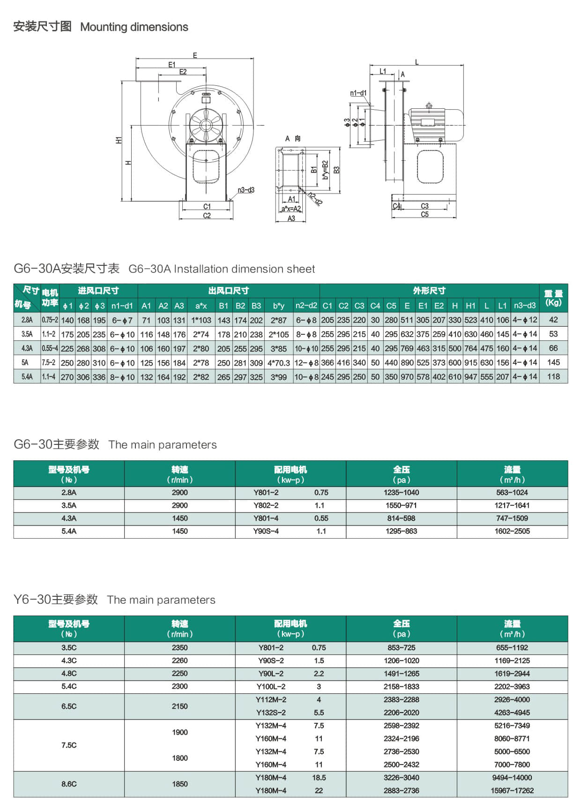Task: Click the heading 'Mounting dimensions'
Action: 134,27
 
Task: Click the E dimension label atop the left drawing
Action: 195,55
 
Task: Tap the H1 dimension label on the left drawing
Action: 119,140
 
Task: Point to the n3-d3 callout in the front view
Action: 246,190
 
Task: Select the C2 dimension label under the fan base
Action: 207,216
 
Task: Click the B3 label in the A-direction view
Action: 336,170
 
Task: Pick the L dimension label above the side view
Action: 417,62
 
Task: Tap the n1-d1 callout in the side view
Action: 358,93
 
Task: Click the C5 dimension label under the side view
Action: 425,214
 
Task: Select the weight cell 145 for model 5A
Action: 553,362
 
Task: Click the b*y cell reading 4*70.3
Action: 279,362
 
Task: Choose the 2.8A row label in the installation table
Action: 27,320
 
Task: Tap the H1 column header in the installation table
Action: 470,306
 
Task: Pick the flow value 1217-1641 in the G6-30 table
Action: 512,505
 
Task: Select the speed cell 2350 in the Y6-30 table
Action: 179,647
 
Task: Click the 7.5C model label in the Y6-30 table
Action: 69,745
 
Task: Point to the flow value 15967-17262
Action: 512,790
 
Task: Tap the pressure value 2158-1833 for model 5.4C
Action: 401,686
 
